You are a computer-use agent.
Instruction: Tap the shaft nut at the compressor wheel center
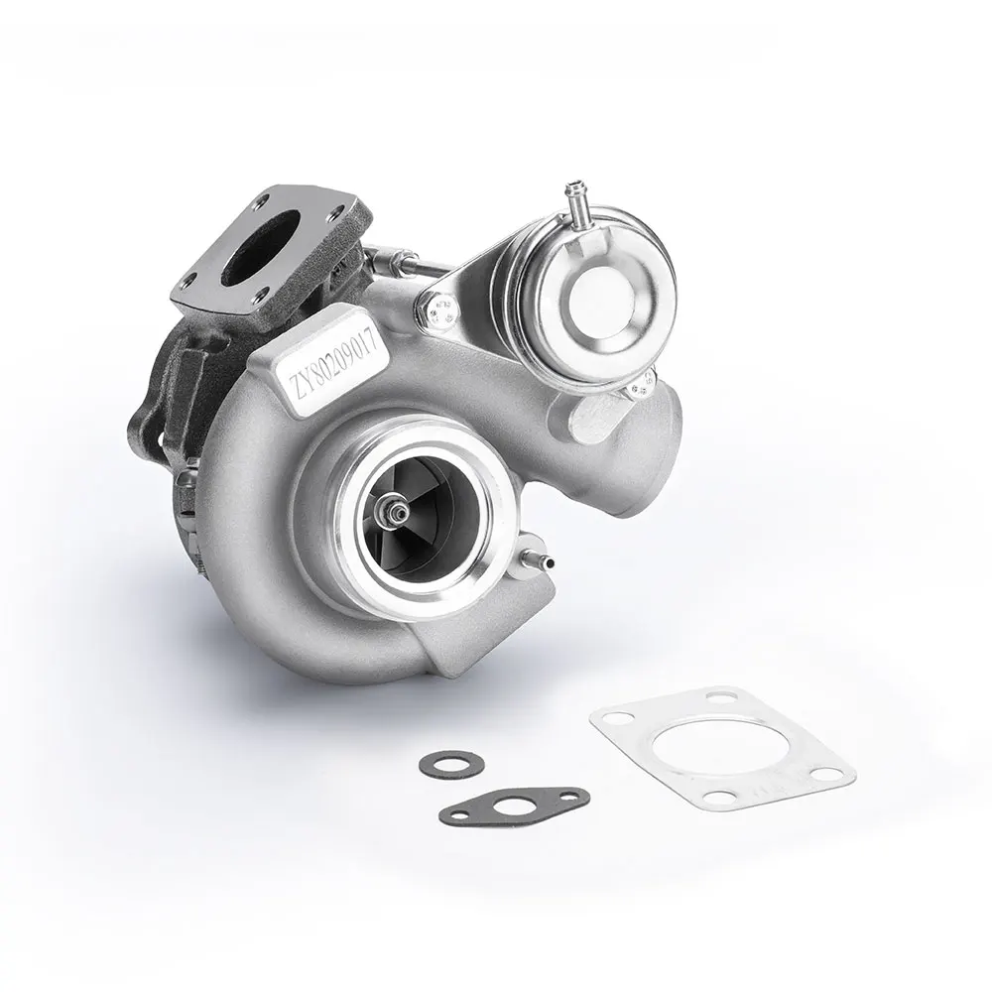point(399,512)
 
